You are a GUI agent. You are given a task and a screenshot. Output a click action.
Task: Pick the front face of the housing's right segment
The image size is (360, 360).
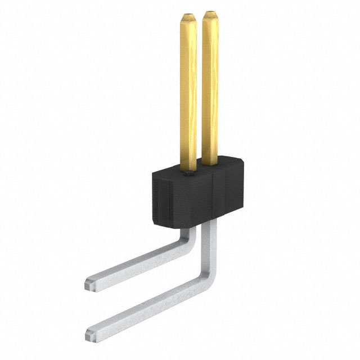click(225, 194)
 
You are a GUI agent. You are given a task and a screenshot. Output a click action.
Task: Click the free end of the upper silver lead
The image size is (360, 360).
click(92, 281)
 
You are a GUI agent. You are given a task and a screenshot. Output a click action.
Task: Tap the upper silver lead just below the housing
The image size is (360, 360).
click(191, 232)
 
